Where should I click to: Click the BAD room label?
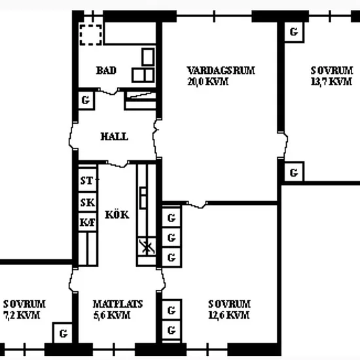tap(106, 70)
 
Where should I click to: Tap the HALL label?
tap(115, 137)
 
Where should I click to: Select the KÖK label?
tap(117, 214)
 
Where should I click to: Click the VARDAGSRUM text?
tap(221, 71)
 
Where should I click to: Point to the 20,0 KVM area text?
tap(207, 82)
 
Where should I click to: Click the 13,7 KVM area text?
tap(331, 82)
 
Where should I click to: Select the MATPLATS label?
tap(118, 304)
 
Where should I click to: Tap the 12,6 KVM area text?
tap(229, 315)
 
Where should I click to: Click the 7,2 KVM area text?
tap(22, 315)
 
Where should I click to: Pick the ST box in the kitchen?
tap(88, 180)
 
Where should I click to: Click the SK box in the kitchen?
tap(88, 202)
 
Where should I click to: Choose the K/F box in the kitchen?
tap(88, 222)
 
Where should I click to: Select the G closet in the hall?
tap(86, 100)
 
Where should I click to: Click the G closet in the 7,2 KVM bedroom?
tap(62, 333)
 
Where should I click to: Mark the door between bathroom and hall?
tap(109, 91)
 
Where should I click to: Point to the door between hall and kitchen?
tap(117, 164)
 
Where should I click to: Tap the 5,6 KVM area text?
tap(112, 315)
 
